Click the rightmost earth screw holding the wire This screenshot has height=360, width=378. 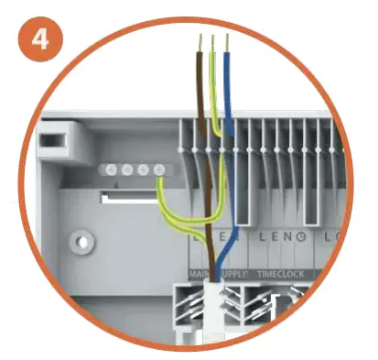click(x=159, y=170)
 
